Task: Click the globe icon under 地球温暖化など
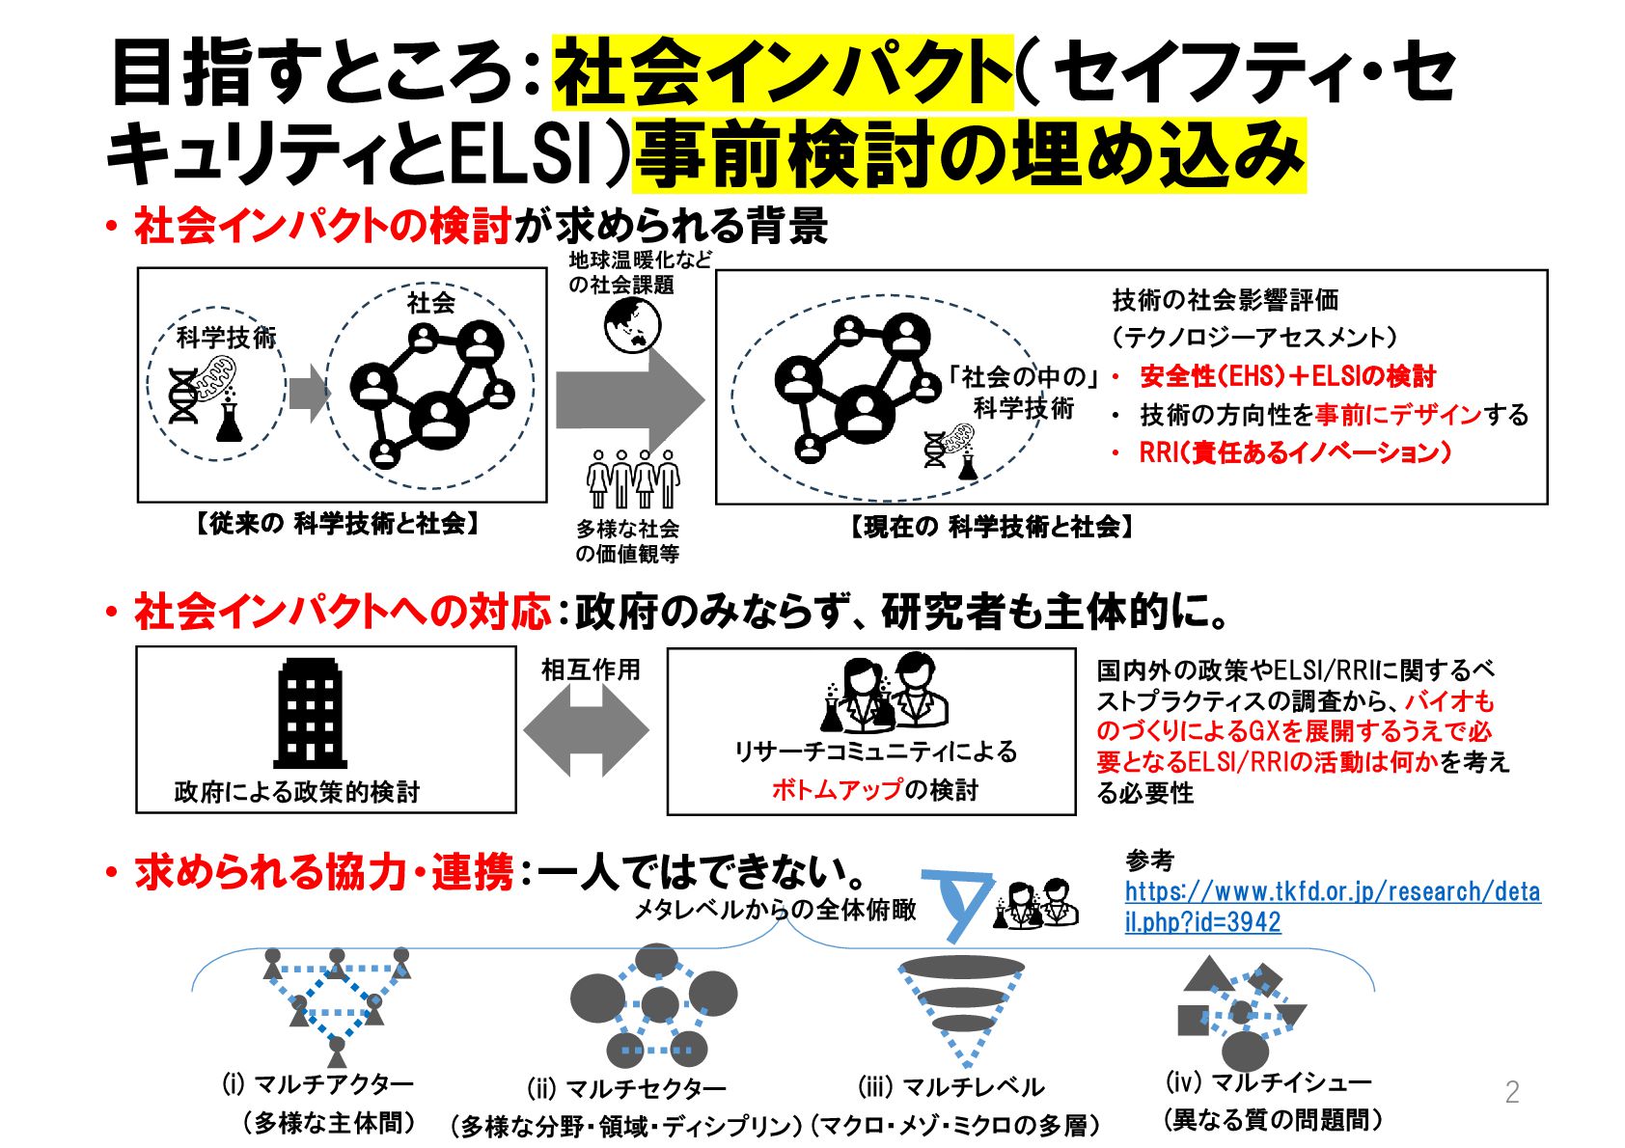tap(633, 325)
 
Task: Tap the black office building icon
tap(310, 713)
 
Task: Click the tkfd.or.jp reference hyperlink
tap(1332, 906)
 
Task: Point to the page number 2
tap(1511, 1091)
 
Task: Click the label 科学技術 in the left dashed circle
tap(226, 338)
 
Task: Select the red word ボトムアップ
tap(836, 790)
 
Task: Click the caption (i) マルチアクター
tap(317, 1084)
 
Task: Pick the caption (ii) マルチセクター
tap(626, 1089)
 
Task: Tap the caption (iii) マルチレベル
tap(950, 1087)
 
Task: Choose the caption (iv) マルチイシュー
tap(1268, 1082)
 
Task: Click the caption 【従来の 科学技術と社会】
tap(338, 524)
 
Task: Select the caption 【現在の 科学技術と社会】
tap(992, 527)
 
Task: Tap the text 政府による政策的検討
tap(297, 792)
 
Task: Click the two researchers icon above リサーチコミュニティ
tap(884, 693)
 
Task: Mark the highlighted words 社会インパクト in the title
tap(783, 71)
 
